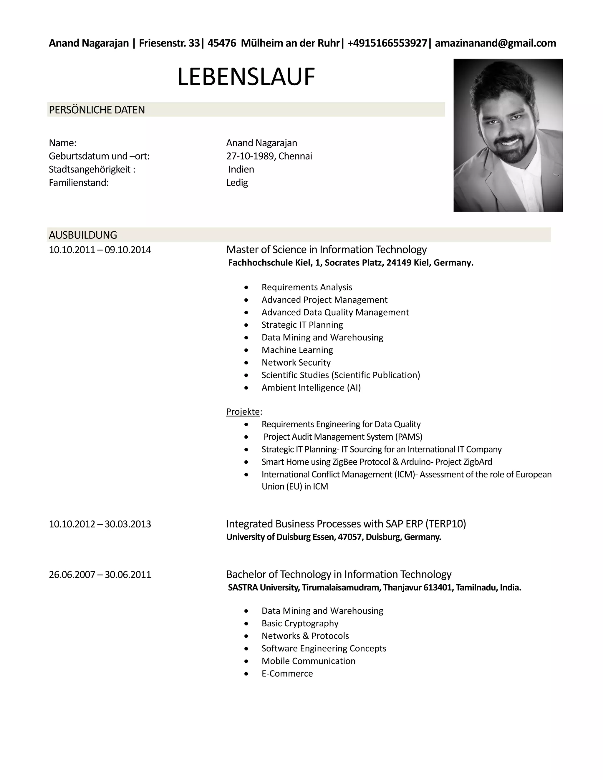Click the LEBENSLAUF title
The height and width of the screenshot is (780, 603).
246,77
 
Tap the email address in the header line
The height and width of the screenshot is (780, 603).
495,43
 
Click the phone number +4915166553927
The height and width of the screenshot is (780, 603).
387,43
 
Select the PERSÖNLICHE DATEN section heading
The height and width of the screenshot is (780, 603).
97,110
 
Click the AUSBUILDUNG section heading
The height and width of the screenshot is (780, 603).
83,235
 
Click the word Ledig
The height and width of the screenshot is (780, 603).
237,182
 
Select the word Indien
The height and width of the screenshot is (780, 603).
241,169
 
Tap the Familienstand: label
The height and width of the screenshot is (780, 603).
79,182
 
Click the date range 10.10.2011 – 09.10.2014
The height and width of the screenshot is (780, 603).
100,250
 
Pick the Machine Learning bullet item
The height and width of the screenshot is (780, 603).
297,350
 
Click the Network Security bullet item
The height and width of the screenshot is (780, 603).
296,363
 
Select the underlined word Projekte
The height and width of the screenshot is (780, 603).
243,412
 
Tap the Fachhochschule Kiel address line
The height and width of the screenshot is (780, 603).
350,263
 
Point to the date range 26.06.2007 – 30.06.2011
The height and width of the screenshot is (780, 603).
100,575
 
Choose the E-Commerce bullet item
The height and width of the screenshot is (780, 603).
287,673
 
